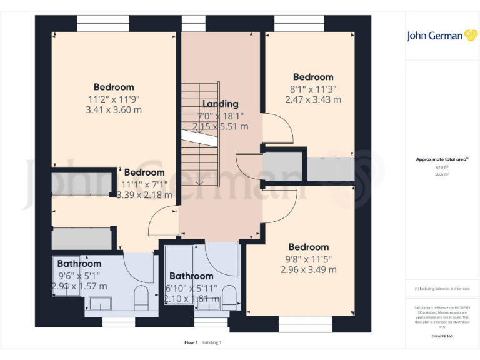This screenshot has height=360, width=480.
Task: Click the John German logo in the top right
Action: point(443,36)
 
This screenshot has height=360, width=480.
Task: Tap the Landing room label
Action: point(220,104)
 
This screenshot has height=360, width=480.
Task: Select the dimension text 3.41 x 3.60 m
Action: point(114,109)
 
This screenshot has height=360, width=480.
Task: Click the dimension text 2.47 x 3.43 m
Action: point(313,99)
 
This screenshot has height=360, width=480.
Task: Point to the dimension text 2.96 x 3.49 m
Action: point(309,269)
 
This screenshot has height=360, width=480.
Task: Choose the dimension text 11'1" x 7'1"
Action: point(144,184)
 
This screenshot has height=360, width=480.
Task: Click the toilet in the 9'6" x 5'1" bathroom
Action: point(141,298)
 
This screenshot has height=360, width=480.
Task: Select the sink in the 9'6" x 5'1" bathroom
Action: point(99,304)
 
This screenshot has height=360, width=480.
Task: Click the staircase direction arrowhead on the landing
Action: point(199,182)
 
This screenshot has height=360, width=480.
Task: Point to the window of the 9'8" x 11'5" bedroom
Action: point(304,323)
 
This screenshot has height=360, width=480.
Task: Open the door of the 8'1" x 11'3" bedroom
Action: point(277,129)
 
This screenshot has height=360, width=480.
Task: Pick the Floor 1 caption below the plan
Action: point(191,342)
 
